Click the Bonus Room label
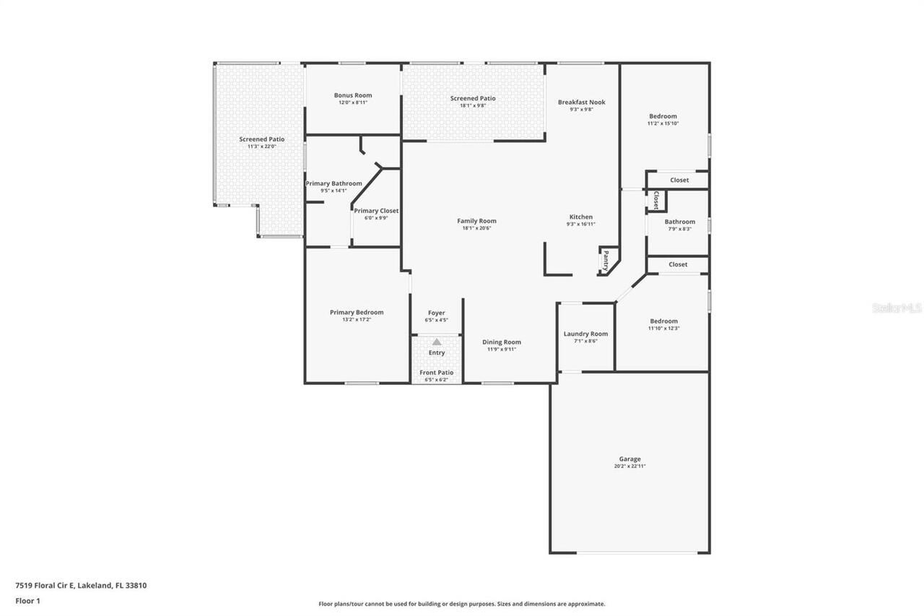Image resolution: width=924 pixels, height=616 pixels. point(353,95)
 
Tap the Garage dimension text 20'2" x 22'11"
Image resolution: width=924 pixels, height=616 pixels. point(629,467)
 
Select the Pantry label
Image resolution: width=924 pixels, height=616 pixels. point(606,260)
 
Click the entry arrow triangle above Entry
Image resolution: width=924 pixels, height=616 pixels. point(437,342)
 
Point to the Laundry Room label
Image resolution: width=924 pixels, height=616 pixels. point(585,334)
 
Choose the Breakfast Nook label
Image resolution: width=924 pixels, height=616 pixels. point(581,102)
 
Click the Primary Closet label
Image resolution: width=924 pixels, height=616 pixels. point(376,211)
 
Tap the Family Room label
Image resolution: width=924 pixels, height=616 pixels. point(476,221)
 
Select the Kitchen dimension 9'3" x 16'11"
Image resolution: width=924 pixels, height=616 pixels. point(580,225)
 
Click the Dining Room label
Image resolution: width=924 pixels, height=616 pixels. point(502,342)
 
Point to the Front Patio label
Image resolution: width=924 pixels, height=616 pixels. point(437,373)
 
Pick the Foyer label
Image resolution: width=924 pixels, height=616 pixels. point(437,313)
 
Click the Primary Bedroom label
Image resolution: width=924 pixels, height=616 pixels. point(357,312)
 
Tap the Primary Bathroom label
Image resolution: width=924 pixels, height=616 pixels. point(334,183)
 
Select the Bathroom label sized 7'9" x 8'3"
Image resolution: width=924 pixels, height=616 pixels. point(679,222)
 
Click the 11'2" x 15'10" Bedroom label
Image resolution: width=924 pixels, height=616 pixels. point(663,116)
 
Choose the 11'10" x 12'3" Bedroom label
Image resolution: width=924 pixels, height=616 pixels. point(663,321)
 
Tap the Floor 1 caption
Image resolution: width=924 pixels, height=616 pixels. point(28,601)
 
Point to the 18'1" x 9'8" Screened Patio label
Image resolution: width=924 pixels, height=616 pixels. point(473,98)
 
